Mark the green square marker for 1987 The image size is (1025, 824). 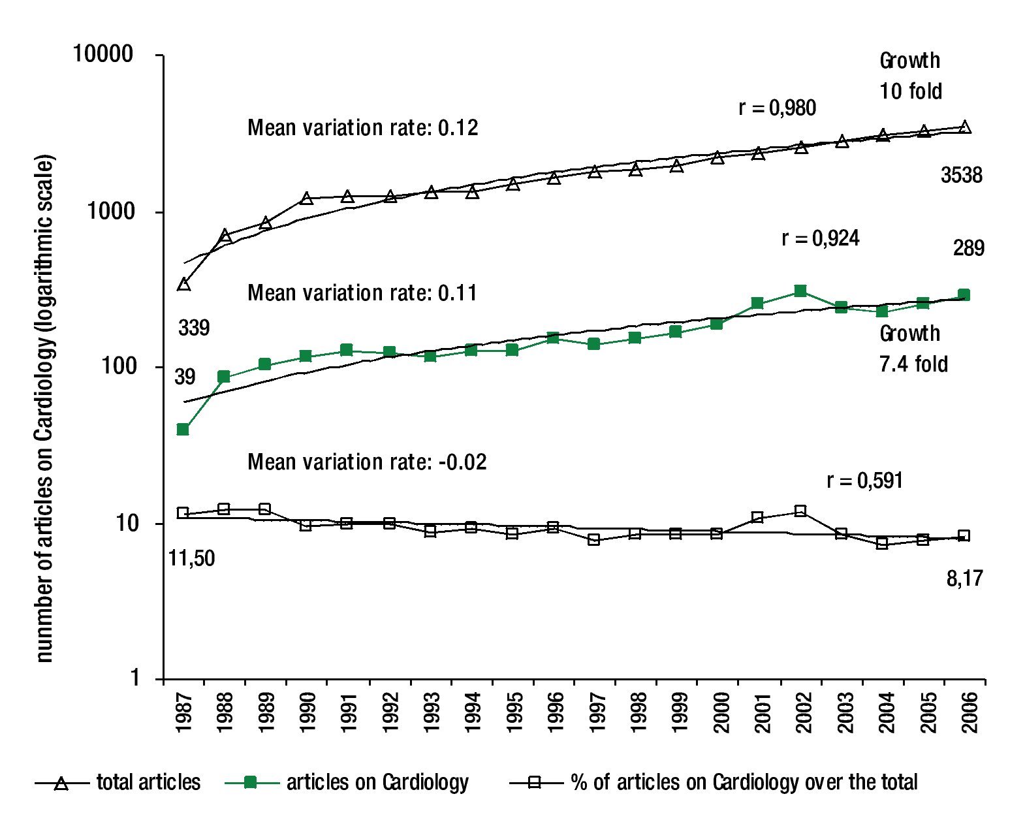point(183,430)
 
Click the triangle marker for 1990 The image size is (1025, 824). point(307,198)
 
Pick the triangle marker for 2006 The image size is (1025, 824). point(965,127)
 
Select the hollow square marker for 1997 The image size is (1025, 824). point(594,539)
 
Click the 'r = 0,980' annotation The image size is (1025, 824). point(777,108)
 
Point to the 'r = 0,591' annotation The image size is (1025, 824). point(864,481)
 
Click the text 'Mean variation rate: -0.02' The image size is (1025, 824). point(367,462)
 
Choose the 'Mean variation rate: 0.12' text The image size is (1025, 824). point(362,127)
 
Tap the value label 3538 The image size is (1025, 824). point(961,175)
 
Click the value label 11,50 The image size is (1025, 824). point(192,558)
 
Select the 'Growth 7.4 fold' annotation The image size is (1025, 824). point(913,349)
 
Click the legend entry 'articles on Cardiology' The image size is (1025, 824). point(377,782)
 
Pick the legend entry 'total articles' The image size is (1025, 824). point(148,782)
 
